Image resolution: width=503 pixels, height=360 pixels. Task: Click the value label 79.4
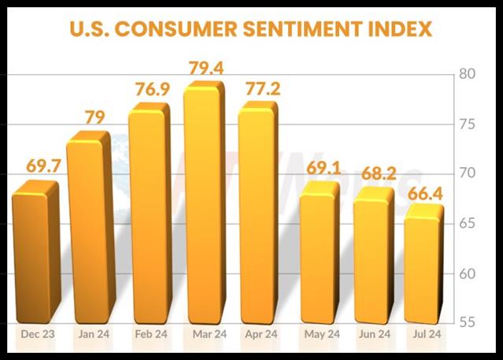pos(206,69)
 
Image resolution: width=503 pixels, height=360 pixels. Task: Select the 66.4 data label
pos(427,192)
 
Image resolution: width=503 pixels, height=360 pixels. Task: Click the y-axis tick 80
pos(470,75)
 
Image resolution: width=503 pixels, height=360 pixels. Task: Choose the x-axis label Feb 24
pos(150,336)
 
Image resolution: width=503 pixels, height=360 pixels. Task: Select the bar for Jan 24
pos(89,228)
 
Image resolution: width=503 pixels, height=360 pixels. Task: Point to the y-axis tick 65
pos(470,224)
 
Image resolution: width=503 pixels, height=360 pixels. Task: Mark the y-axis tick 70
pos(470,174)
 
